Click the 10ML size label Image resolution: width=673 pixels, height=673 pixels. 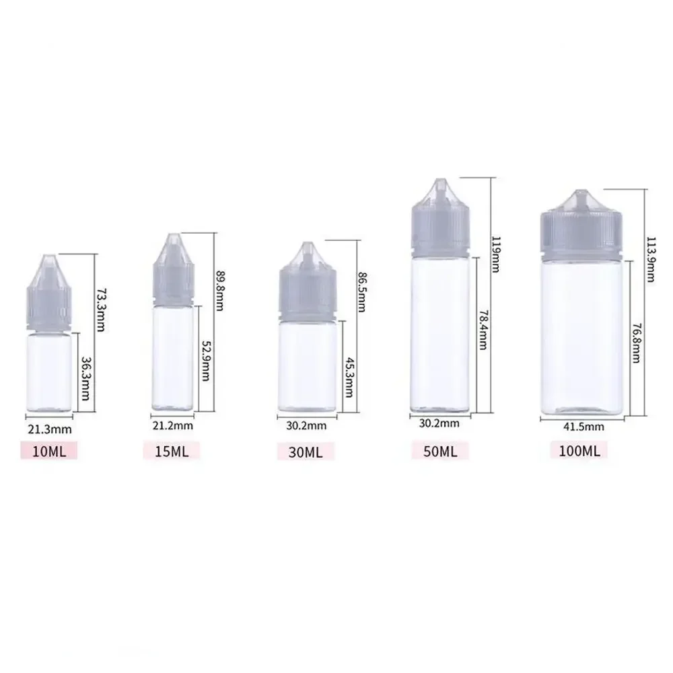(x=49, y=451)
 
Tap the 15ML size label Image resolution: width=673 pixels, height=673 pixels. (x=172, y=451)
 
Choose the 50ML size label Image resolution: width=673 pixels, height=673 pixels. (x=440, y=450)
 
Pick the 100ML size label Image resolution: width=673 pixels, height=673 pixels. (x=579, y=450)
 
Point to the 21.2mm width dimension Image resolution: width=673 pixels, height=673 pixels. (x=173, y=426)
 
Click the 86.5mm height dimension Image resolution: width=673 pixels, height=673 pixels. (x=361, y=292)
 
